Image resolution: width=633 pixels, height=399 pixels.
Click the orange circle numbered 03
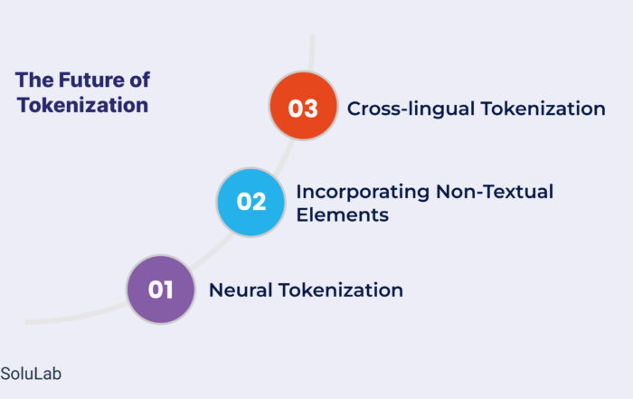pyautogui.click(x=303, y=106)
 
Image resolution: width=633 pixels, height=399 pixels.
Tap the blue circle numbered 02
pyautogui.click(x=250, y=202)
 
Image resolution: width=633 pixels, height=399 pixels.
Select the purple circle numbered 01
pyautogui.click(x=161, y=290)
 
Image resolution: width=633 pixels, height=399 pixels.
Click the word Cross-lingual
pyautogui.click(x=411, y=109)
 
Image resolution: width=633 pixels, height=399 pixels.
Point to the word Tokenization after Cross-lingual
pyautogui.click(x=543, y=109)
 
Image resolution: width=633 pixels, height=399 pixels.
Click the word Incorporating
pyautogui.click(x=363, y=192)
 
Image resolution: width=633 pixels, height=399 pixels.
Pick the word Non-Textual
pyautogui.click(x=495, y=192)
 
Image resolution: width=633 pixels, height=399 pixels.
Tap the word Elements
pyautogui.click(x=343, y=214)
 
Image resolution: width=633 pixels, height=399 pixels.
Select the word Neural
pyautogui.click(x=241, y=290)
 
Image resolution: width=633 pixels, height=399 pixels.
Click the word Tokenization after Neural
pyautogui.click(x=341, y=290)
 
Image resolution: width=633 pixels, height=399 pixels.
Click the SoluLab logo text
pyautogui.click(x=31, y=374)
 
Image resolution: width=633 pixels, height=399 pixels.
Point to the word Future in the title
pyautogui.click(x=91, y=80)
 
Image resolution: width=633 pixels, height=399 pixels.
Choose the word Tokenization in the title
pyautogui.click(x=83, y=105)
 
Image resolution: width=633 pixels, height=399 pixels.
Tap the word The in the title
pyautogui.click(x=34, y=80)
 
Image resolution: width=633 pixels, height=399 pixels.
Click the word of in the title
pyautogui.click(x=139, y=80)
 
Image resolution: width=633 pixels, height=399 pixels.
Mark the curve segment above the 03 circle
pyautogui.click(x=312, y=52)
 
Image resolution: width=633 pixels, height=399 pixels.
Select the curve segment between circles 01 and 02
pyautogui.click(x=213, y=252)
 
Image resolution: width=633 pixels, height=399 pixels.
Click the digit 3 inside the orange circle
pyautogui.click(x=310, y=109)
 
